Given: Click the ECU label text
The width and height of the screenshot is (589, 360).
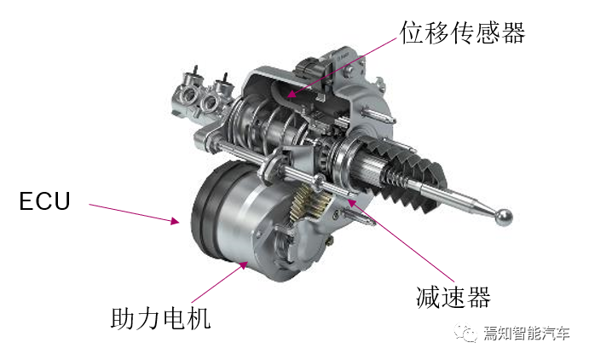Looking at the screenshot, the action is pyautogui.click(x=44, y=201).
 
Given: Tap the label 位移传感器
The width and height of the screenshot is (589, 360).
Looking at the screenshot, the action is pyautogui.click(x=462, y=32).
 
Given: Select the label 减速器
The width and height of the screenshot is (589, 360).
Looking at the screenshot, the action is pyautogui.click(x=453, y=297).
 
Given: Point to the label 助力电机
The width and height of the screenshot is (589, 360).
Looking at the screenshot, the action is pyautogui.click(x=160, y=319).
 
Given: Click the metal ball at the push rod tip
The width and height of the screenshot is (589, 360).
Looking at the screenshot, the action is pyautogui.click(x=503, y=217).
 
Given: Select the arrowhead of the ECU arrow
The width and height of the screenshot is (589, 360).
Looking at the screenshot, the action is pyautogui.click(x=175, y=221).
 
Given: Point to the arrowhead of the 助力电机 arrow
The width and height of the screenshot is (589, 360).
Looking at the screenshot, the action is pyautogui.click(x=244, y=265).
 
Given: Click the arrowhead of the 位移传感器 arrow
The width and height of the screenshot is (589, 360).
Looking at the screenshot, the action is pyautogui.click(x=292, y=93).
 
